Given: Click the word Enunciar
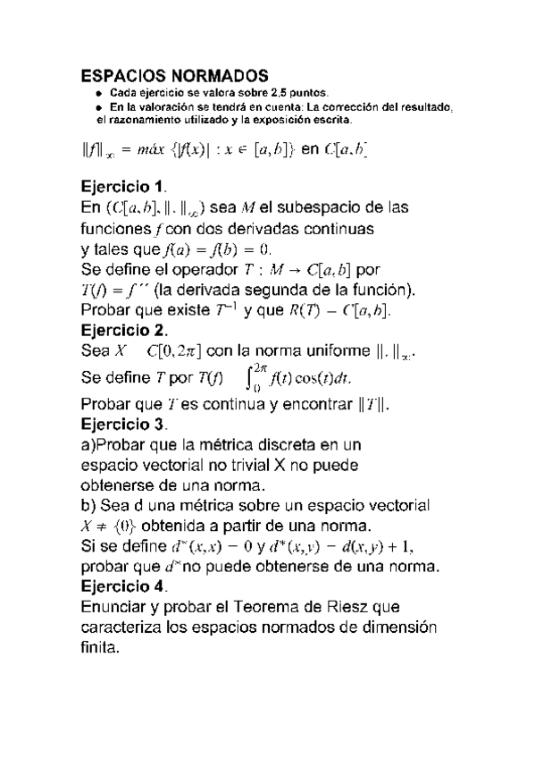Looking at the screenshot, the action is [114, 607].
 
